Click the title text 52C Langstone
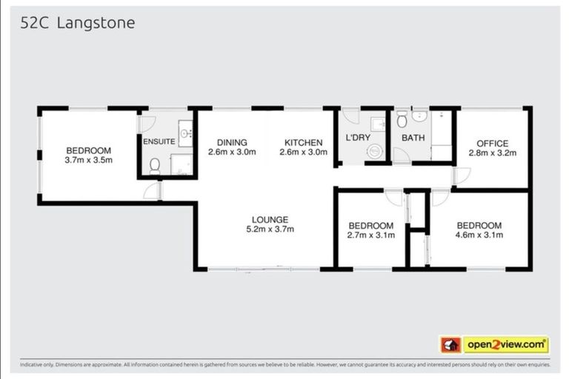coord(77,23)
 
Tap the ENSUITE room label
coord(159,141)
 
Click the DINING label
coord(232,143)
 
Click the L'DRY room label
coord(358,138)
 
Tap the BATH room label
coord(412,138)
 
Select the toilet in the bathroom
coord(402,119)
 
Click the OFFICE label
coord(492,143)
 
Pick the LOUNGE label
coord(270,219)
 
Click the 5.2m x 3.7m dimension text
coord(270,229)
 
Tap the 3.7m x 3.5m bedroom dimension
coord(87,161)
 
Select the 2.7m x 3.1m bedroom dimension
coord(370,235)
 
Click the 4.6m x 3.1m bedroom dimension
coord(479,235)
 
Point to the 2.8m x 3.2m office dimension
coord(492,153)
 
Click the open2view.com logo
coord(506,345)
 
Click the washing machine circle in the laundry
coord(374,151)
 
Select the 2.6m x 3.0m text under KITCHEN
coord(301,153)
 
